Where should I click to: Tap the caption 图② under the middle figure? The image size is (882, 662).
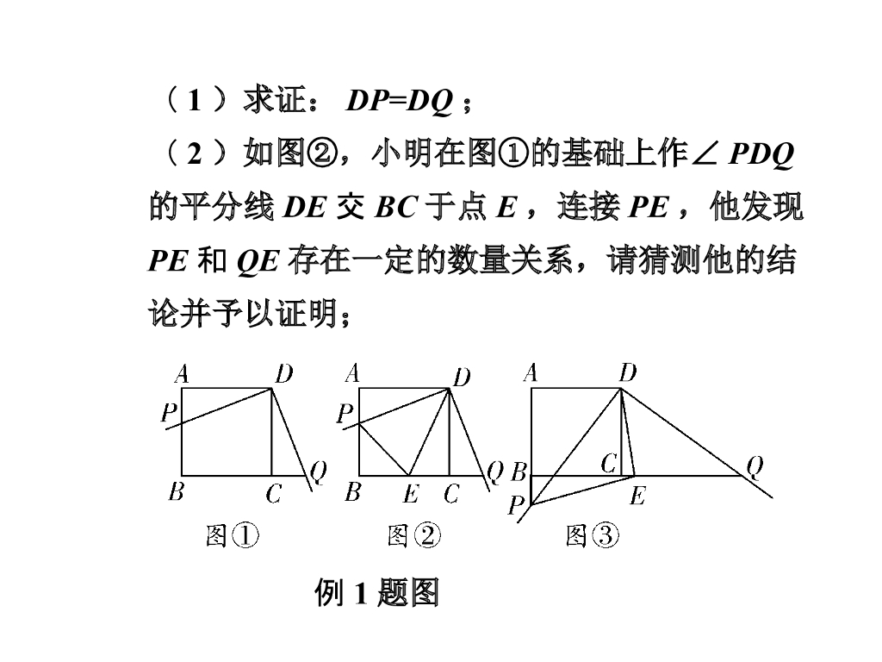point(413,536)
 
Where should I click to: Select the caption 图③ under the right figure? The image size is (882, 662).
point(593,536)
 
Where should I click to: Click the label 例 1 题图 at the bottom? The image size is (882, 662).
point(377,593)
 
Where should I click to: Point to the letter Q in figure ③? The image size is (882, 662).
point(755,466)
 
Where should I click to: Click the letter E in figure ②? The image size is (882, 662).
point(411,494)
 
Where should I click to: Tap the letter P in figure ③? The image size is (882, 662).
point(517,505)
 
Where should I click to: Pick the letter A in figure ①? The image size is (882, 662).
point(182,374)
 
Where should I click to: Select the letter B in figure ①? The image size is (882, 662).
point(177,492)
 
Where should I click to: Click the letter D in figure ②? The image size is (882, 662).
point(463,377)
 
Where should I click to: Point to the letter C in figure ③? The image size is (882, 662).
point(608,465)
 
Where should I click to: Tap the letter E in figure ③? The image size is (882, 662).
point(637,495)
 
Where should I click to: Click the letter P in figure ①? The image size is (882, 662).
point(169,414)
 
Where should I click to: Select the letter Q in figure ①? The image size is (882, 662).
point(318,471)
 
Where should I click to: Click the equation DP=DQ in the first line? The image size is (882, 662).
point(400,102)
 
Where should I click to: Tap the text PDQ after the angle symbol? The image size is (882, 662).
point(761,154)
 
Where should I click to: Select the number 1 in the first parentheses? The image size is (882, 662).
point(195,102)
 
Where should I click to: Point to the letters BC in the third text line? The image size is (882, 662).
point(396,208)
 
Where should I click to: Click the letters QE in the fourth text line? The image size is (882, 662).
point(258,261)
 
